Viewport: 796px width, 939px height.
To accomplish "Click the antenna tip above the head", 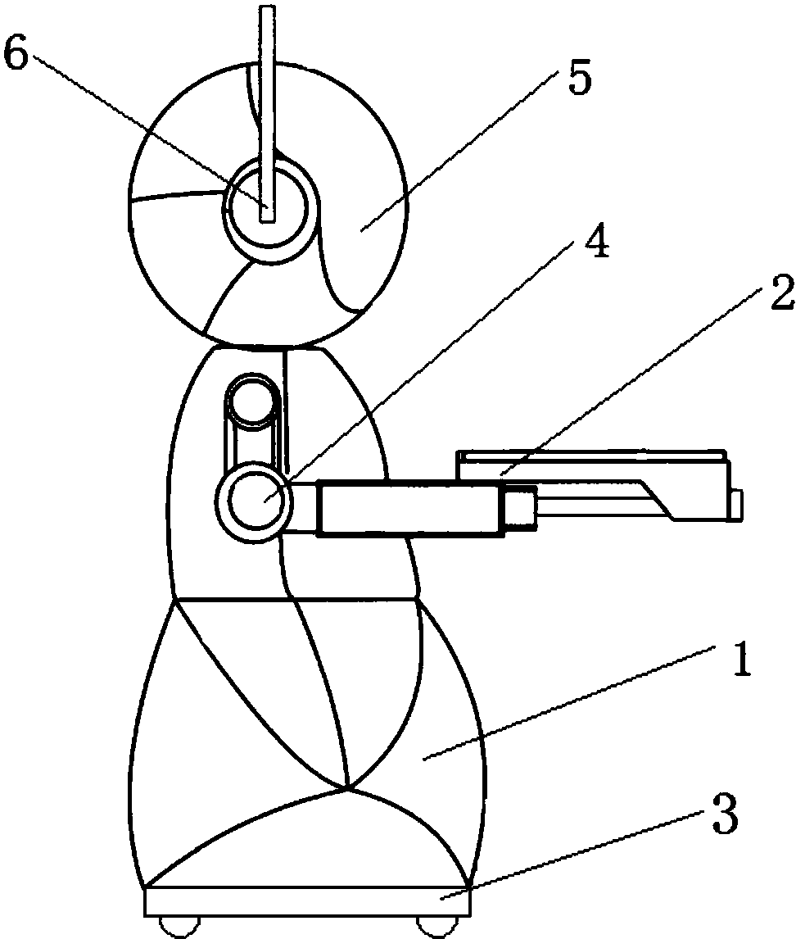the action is click(267, 8).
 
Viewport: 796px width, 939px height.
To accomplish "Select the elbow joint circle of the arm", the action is click(255, 500).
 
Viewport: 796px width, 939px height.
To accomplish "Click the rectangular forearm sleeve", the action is click(410, 508).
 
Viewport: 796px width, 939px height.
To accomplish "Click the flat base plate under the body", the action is click(308, 901).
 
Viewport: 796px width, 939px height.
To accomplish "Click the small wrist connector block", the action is click(519, 508).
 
